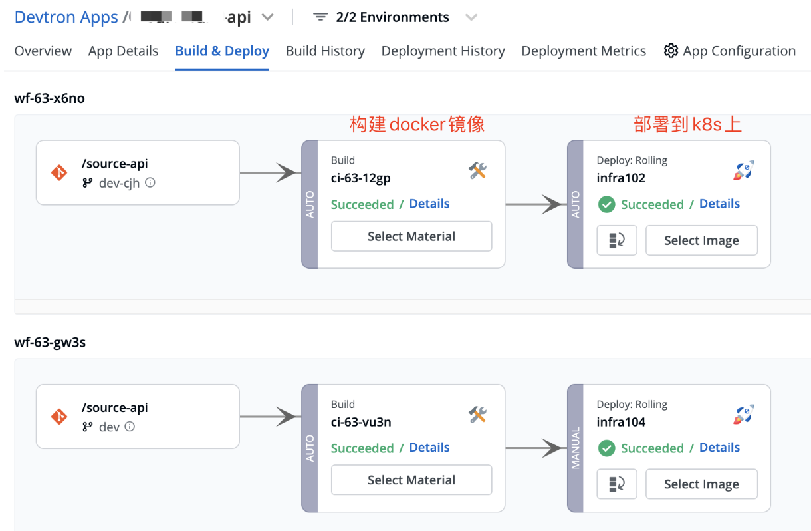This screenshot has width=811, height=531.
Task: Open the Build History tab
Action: pyautogui.click(x=325, y=51)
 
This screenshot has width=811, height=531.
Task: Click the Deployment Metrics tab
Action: pyautogui.click(x=584, y=51)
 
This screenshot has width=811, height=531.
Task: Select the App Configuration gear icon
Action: pyautogui.click(x=671, y=51)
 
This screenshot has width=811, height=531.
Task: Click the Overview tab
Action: pyautogui.click(x=43, y=51)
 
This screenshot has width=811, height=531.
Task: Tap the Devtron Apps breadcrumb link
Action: pyautogui.click(x=66, y=17)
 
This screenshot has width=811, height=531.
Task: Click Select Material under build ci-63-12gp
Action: pyautogui.click(x=411, y=236)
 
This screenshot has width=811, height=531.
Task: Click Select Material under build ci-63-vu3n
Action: pyautogui.click(x=411, y=480)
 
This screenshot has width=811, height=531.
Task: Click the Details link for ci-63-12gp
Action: pyautogui.click(x=429, y=204)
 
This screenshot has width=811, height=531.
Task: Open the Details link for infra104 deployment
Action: pyautogui.click(x=719, y=448)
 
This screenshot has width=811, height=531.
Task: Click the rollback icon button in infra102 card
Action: pyautogui.click(x=617, y=240)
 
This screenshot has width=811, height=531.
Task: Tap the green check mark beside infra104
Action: pyautogui.click(x=606, y=448)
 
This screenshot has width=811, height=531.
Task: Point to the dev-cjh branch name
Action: pyautogui.click(x=119, y=183)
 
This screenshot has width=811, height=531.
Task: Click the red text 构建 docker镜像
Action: pyautogui.click(x=417, y=124)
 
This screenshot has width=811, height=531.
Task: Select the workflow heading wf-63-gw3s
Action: pyautogui.click(x=50, y=343)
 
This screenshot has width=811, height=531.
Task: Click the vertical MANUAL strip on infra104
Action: pyautogui.click(x=576, y=448)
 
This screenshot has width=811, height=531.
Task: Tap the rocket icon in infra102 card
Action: pyautogui.click(x=743, y=171)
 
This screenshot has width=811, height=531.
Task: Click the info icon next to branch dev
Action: pyautogui.click(x=130, y=427)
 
